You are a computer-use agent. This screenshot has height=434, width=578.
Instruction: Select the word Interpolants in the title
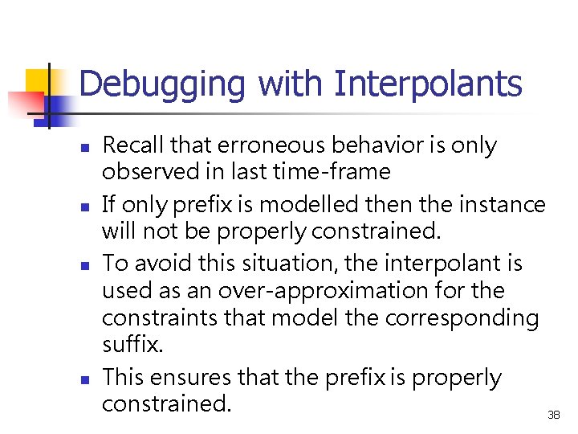tap(428, 84)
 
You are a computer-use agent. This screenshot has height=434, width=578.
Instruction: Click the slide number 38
tap(553, 415)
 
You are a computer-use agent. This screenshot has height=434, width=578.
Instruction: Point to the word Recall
tap(132, 145)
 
